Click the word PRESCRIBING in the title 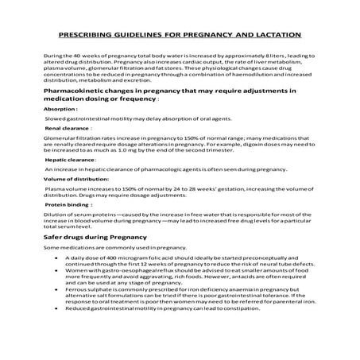87,36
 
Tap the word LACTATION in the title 273,36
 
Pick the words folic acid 149,259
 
